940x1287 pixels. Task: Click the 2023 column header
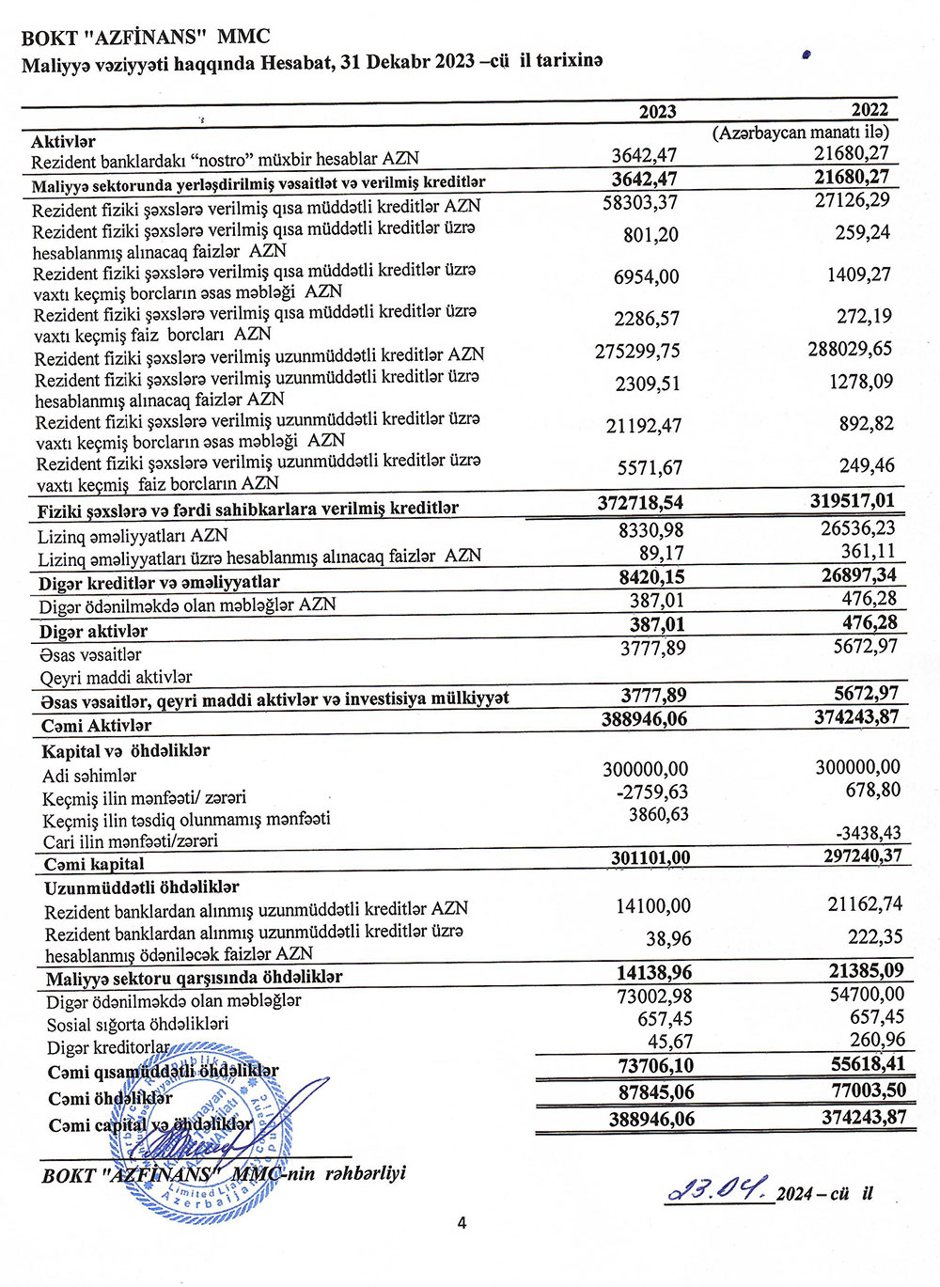click(657, 112)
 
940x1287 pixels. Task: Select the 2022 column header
click(869, 110)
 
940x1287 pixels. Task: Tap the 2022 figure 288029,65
click(850, 349)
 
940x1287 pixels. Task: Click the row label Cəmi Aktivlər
click(96, 726)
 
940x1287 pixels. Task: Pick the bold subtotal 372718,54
click(640, 503)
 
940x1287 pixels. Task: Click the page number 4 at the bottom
click(462, 1222)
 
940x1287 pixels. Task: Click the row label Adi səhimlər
click(89, 776)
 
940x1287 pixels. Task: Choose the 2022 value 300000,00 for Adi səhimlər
click(857, 767)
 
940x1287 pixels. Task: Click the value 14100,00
click(652, 906)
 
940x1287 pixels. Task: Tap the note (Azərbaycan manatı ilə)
click(801, 133)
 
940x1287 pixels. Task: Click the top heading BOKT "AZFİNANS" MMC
click(146, 38)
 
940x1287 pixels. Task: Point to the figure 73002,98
click(654, 997)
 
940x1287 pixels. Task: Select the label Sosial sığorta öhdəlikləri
click(137, 1024)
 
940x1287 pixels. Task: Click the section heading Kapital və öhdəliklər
click(126, 751)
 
